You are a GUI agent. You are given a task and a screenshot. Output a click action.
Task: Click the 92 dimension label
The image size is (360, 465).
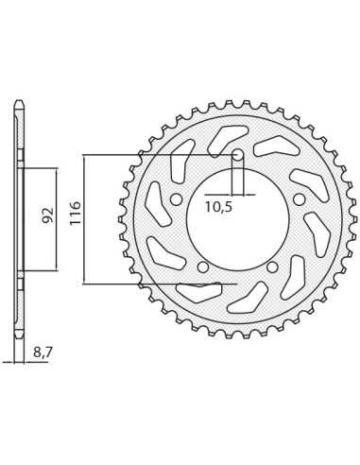[47, 215]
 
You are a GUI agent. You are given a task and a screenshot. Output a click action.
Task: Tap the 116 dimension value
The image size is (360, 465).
[76, 214]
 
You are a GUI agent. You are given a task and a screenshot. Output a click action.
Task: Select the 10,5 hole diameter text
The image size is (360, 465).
[218, 207]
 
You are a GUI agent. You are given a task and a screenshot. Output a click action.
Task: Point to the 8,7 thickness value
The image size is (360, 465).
[41, 353]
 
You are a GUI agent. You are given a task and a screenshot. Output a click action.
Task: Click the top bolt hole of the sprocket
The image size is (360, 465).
[237, 155]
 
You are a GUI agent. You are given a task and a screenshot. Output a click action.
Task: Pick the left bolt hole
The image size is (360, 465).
[176, 199]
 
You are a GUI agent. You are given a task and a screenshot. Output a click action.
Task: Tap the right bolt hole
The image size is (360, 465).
[300, 199]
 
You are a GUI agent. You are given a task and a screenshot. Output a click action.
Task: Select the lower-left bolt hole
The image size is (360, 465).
[203, 267]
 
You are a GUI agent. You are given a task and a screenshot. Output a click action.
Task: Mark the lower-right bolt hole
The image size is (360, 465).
[272, 267]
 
